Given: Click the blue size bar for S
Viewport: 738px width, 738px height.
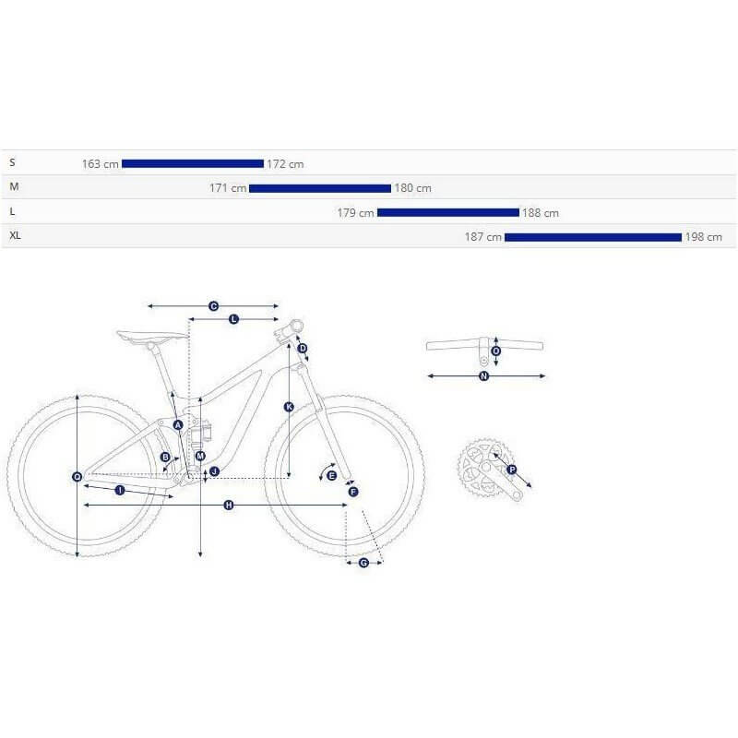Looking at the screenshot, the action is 193,164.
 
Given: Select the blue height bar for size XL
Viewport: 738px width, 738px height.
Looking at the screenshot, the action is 593,237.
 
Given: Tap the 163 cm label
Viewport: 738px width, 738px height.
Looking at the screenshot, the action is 101,164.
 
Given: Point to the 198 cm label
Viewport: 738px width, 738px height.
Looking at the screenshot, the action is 703,237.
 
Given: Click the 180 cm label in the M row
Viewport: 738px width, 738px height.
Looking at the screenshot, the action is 412,188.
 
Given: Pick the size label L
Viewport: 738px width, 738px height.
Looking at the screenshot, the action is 12,212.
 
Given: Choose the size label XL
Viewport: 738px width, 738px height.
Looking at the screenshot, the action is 15,235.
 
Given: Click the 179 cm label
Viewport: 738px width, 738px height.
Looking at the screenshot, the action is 356,213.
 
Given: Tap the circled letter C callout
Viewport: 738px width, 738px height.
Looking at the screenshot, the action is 213,306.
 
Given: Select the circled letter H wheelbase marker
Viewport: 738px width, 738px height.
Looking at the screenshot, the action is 228,505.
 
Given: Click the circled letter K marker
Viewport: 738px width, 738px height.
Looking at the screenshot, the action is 289,407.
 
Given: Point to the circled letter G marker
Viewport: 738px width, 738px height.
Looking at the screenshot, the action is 363,563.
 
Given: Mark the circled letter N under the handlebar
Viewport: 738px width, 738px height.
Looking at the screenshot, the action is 483,376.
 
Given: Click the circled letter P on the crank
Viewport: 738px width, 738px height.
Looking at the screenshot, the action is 512,470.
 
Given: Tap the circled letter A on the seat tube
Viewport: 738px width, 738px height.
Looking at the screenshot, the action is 178,425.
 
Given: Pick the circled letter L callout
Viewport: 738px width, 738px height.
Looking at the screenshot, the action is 234,319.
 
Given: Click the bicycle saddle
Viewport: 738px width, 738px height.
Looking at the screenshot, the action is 151,337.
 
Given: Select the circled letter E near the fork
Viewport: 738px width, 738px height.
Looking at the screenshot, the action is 331,475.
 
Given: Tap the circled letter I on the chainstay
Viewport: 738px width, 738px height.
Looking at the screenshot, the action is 120,491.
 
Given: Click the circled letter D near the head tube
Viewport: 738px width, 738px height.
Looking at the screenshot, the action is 303,349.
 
